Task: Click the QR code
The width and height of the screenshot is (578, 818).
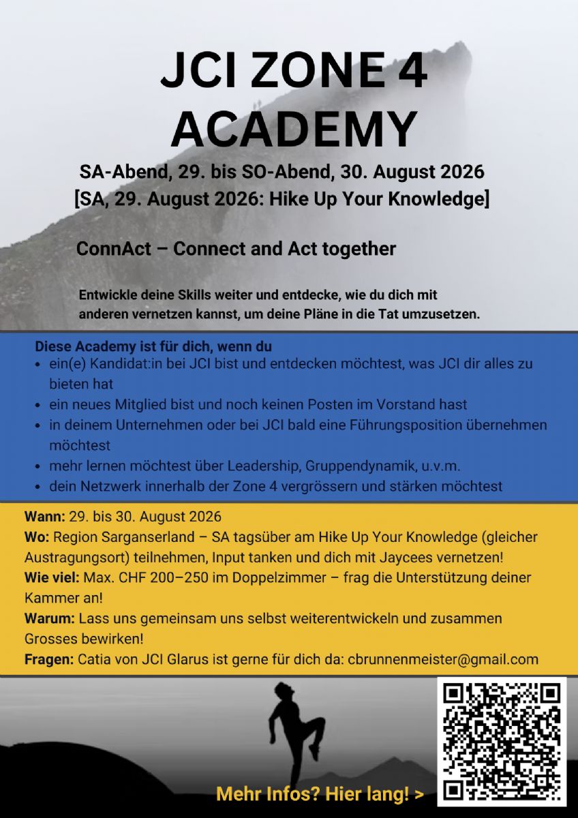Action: (502, 741)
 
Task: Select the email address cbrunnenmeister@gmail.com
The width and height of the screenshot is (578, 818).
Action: (443, 659)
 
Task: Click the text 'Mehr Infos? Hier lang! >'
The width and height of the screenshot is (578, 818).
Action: (320, 794)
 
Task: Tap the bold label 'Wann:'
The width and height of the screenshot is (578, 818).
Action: (45, 515)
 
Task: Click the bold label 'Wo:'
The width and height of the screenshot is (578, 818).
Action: (37, 536)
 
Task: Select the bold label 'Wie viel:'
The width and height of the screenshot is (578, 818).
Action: (52, 578)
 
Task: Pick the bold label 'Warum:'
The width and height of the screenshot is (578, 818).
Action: (50, 619)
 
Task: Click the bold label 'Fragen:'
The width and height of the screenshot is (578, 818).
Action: (49, 659)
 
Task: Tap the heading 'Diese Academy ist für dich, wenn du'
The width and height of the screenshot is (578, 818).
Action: (153, 346)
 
